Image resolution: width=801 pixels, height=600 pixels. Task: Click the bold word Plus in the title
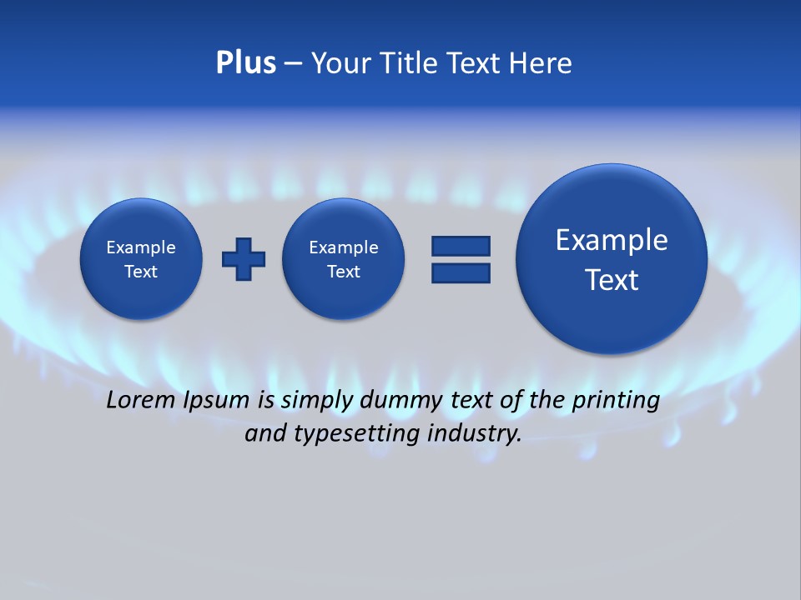point(245,63)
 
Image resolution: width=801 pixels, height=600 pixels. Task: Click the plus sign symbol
point(244,259)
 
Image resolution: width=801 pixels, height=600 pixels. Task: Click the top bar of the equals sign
point(461,246)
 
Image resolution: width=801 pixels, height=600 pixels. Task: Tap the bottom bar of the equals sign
point(461,272)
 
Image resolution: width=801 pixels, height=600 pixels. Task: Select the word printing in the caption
point(615,401)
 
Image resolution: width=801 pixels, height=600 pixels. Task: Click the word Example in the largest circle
point(612,240)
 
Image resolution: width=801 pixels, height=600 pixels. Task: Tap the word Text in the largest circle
point(612,280)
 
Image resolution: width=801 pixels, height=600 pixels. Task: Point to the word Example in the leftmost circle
point(141,247)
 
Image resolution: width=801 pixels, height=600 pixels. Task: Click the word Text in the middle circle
point(343,272)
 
